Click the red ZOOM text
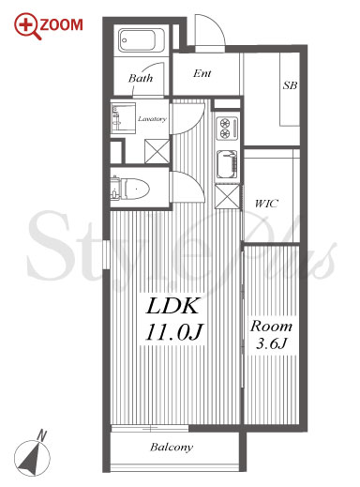[x=61, y=25]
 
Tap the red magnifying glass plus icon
[x=26, y=24]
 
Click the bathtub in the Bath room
[x=142, y=40]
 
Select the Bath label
[x=141, y=78]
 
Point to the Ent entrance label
[x=202, y=73]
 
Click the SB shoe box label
[x=290, y=85]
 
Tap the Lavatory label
[x=152, y=119]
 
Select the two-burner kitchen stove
[x=227, y=128]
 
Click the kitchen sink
[x=227, y=164]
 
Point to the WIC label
[x=266, y=204]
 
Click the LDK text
[x=172, y=306]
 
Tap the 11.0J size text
[x=173, y=332]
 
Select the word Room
[x=271, y=327]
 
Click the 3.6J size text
[x=271, y=343]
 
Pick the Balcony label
[x=172, y=448]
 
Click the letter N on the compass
[x=41, y=435]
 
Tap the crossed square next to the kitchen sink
[x=228, y=196]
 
